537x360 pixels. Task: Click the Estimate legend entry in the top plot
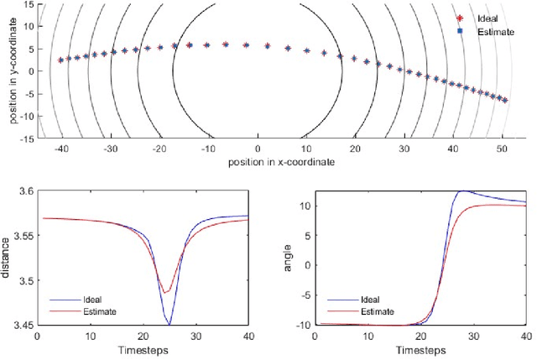tap(494, 31)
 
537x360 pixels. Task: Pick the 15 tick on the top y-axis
tap(29, 3)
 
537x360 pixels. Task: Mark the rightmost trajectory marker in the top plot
tap(503, 99)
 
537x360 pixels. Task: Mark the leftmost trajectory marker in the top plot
tap(60, 60)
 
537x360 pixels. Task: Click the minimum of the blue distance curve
tap(169, 324)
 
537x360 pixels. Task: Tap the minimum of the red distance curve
tap(167, 293)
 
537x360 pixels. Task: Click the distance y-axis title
tap(8, 258)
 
